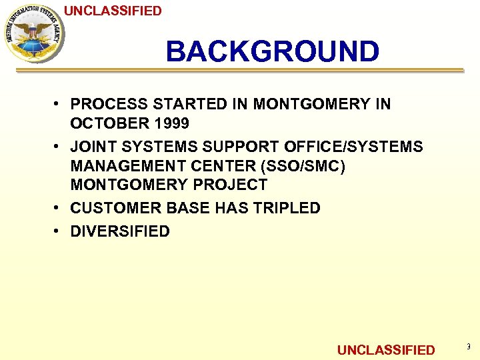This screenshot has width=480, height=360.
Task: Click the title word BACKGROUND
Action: pos(272,51)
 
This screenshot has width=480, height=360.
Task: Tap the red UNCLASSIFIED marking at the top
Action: pos(113,11)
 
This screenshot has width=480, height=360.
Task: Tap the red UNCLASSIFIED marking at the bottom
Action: pos(386,350)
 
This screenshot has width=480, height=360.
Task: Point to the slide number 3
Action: pos(467,347)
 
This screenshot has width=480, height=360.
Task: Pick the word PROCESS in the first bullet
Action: pos(109,104)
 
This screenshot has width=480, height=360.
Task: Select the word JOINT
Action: pos(93,147)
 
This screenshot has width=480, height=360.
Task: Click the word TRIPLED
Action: pos(288,208)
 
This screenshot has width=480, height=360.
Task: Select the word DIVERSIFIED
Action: pos(120,231)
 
